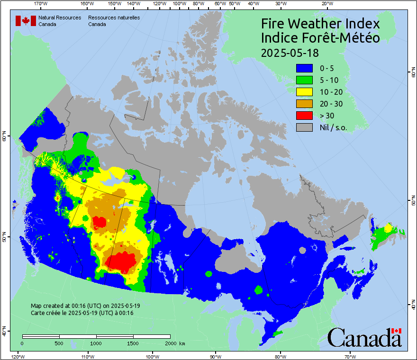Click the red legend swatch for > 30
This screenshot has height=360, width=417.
point(304,115)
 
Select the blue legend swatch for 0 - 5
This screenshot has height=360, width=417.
point(304,68)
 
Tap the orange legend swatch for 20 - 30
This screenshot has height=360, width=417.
point(304,103)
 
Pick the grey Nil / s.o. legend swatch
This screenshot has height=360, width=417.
point(304,127)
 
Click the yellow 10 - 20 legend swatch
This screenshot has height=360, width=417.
point(304,91)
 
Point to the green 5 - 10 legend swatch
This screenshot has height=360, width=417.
point(304,80)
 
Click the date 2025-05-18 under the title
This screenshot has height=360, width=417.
point(290,52)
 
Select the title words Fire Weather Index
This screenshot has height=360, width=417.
point(320,24)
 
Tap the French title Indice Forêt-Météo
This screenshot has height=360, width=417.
point(320,38)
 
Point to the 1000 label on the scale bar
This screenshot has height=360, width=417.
point(96,343)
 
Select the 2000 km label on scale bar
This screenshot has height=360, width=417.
point(174,343)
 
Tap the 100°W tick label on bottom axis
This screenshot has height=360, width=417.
point(152,356)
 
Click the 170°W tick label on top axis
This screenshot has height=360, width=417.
point(41,3)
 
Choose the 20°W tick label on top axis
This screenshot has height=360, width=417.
point(326,3)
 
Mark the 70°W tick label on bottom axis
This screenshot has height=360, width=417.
point(350,356)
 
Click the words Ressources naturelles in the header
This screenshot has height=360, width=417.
point(113,17)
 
